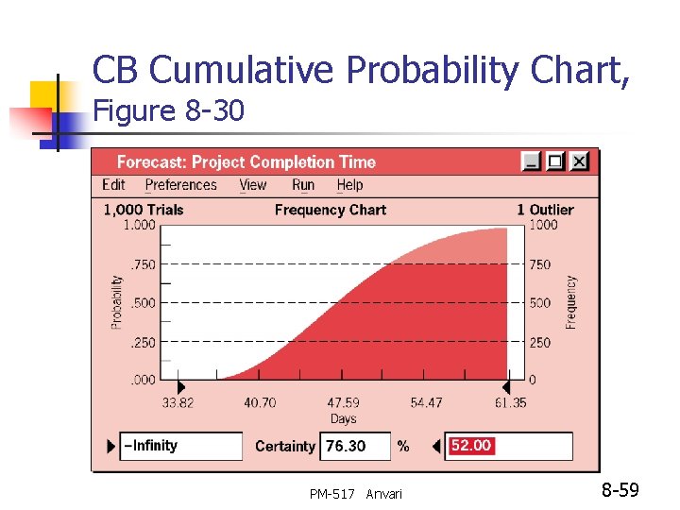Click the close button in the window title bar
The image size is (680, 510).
(579, 161)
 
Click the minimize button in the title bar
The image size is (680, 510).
(533, 161)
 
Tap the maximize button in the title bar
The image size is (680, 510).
(555, 161)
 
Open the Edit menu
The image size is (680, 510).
(113, 185)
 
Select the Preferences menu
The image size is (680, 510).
(180, 185)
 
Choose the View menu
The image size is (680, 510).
(253, 185)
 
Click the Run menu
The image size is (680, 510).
(303, 185)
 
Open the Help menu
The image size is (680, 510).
(349, 185)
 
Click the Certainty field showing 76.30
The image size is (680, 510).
(355, 446)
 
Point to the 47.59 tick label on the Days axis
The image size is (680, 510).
(343, 402)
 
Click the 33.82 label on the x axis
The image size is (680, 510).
(178, 402)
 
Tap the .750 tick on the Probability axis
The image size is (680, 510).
(142, 264)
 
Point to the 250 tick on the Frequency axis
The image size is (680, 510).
(539, 343)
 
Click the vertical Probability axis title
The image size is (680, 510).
(117, 302)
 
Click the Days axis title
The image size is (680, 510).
(343, 418)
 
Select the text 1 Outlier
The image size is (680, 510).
(544, 210)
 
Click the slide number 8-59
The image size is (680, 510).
(620, 490)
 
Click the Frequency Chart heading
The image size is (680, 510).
(330, 210)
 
